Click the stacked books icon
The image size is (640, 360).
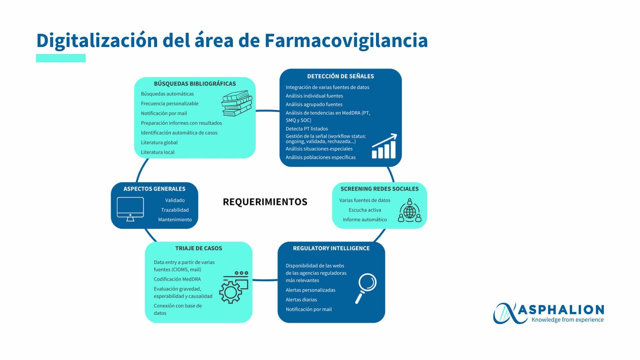237,103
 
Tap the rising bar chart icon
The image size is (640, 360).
384,146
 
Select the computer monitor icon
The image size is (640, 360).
130,209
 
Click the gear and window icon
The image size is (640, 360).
234,287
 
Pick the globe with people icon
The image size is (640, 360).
410,211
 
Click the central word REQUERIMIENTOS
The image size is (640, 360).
265,202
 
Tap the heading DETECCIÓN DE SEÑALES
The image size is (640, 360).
340,76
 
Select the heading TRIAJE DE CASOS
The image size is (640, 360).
199,248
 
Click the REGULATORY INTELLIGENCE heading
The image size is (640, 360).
331,248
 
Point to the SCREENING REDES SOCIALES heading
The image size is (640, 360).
379,189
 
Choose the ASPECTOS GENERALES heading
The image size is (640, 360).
154,189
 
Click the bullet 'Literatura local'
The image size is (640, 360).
158,152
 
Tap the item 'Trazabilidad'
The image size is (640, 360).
175,210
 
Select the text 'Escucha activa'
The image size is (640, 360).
365,210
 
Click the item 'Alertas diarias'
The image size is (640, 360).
301,300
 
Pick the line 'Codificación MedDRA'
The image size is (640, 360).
177,279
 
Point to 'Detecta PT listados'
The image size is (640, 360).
307,129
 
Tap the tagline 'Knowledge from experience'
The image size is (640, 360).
568,320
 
